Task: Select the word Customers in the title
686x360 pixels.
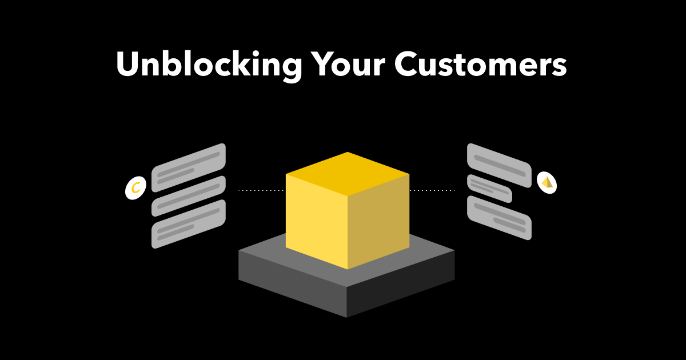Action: tap(481, 63)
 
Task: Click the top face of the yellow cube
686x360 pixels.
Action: tap(348, 174)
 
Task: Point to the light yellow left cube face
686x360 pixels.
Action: tap(316, 222)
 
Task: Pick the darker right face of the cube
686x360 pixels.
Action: tap(378, 222)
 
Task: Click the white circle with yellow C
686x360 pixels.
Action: tap(135, 187)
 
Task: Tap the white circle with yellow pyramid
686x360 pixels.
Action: tap(547, 183)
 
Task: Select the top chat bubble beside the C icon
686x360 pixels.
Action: tap(189, 168)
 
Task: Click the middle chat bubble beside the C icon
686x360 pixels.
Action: tap(189, 196)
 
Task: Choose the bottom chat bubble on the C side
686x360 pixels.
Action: tap(189, 224)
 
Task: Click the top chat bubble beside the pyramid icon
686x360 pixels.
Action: tap(499, 165)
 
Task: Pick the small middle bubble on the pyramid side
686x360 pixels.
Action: tap(489, 189)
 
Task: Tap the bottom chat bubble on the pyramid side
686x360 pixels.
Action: tap(499, 218)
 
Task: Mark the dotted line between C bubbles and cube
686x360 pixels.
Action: tap(261, 190)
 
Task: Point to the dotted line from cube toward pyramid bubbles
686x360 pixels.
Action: tap(432, 190)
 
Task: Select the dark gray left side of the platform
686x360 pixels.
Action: tap(293, 284)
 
